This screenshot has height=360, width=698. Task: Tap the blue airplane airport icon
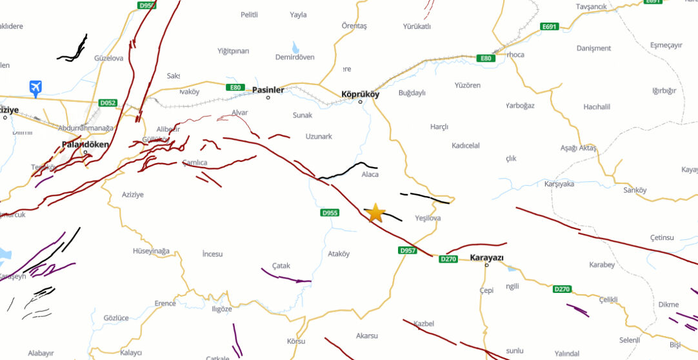pos(35,87)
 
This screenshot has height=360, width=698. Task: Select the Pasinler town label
pos(268,90)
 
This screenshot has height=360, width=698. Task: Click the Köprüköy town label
pos(360,94)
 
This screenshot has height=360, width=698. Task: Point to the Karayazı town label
pos(486,257)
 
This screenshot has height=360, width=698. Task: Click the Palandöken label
pos(85,145)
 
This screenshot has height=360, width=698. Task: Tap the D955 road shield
pos(330,212)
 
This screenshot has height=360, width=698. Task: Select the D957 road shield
pos(408,250)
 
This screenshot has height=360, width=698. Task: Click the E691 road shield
pos(550,26)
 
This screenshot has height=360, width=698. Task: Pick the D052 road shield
pos(108,103)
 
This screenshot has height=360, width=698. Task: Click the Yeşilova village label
pos(428,218)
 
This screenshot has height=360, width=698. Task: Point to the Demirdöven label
pos(295,57)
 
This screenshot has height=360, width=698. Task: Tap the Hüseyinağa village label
pos(151,251)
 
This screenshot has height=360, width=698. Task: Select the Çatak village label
pos(281,265)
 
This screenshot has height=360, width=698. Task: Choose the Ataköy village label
pos(339,254)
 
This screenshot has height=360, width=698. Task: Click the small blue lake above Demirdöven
pos(295,47)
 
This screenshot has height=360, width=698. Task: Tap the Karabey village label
pos(602,265)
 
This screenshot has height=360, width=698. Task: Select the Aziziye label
pos(133,194)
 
